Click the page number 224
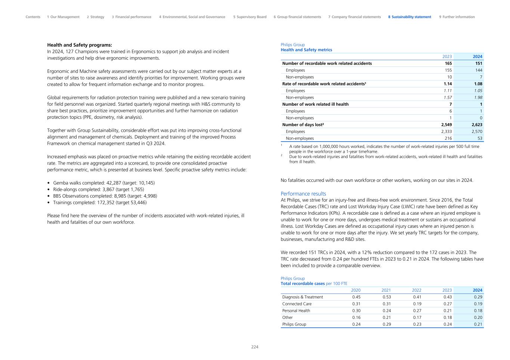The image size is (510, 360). pos(254,347)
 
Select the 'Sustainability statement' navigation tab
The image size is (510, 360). pos(409,17)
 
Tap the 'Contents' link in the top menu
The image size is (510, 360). pos(33,17)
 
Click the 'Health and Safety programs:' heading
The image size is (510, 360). pos(80,45)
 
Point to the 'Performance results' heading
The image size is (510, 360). pos(303,193)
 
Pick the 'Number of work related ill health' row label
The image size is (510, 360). pos(315,104)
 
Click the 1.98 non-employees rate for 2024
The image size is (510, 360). pos(478,97)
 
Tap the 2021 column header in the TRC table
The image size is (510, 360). pos(386,290)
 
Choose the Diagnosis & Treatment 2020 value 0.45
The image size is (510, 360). pos(356,297)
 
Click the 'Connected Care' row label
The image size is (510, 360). pos(297,304)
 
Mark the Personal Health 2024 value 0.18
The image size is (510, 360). pos(478,310)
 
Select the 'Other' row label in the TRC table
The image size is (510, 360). pos(287,317)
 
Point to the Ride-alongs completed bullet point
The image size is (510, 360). pos(98,189)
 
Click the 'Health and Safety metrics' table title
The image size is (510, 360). pos(306,50)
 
